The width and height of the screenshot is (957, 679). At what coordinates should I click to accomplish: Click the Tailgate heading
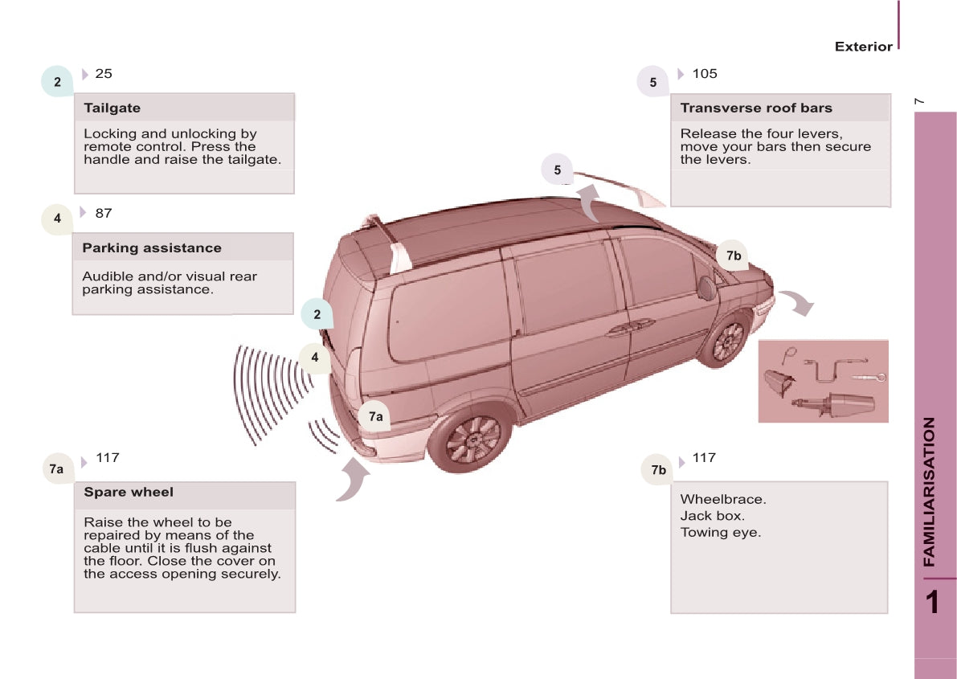coord(112,108)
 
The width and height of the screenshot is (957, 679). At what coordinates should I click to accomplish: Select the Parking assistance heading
coord(151,247)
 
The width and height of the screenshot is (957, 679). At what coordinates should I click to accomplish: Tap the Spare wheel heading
coord(129,492)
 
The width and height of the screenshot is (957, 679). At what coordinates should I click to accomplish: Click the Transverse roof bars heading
coord(756,108)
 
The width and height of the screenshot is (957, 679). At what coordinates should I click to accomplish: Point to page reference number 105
coord(704,74)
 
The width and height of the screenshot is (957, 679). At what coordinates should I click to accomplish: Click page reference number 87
coord(104,213)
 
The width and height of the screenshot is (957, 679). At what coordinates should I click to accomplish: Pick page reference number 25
coord(104,74)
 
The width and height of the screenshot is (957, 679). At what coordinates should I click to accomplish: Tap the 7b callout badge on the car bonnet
coord(733,256)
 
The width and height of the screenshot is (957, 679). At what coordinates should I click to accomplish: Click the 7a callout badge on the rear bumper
coord(375,416)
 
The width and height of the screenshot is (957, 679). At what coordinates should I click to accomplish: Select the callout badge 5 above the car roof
coord(557,170)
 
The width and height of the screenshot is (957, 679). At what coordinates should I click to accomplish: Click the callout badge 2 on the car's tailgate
coord(317,314)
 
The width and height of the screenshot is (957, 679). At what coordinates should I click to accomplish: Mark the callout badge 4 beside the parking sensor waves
coord(315,358)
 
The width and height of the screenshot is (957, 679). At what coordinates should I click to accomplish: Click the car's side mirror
coord(706,288)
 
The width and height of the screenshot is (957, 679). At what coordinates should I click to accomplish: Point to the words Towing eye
coord(720,532)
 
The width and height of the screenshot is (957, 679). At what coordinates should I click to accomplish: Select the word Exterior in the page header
coord(863,47)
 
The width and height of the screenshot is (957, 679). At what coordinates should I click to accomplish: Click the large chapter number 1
coord(932,602)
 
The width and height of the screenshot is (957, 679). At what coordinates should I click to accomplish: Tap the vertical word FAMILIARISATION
coord(930,492)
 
